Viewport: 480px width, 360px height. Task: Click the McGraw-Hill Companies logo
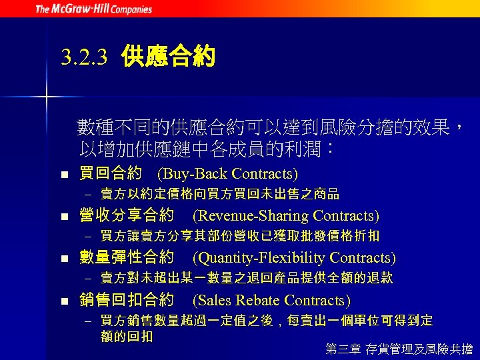[x=93, y=9]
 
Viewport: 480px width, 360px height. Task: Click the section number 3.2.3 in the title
[x=83, y=58]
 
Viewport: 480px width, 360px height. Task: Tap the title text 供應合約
[x=168, y=57]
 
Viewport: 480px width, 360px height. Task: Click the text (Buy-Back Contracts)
[x=227, y=174]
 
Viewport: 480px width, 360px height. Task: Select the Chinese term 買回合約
[x=111, y=174]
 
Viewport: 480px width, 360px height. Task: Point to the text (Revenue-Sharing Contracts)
[x=285, y=216]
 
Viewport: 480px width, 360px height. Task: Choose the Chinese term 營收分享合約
[x=127, y=216]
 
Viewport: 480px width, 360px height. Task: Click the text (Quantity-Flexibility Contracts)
[x=294, y=258]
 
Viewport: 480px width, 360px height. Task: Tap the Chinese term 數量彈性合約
[x=127, y=258]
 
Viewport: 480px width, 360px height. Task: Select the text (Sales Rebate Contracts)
[x=271, y=301]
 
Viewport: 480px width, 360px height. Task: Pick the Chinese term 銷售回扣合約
[x=127, y=301]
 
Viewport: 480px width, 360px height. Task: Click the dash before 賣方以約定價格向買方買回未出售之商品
[x=87, y=195]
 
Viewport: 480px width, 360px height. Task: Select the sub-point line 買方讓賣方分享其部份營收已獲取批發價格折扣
[x=239, y=236]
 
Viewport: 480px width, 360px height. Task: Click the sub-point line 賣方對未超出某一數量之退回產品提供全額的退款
[x=246, y=278]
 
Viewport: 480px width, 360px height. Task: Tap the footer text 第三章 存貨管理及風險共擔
[x=399, y=348]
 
